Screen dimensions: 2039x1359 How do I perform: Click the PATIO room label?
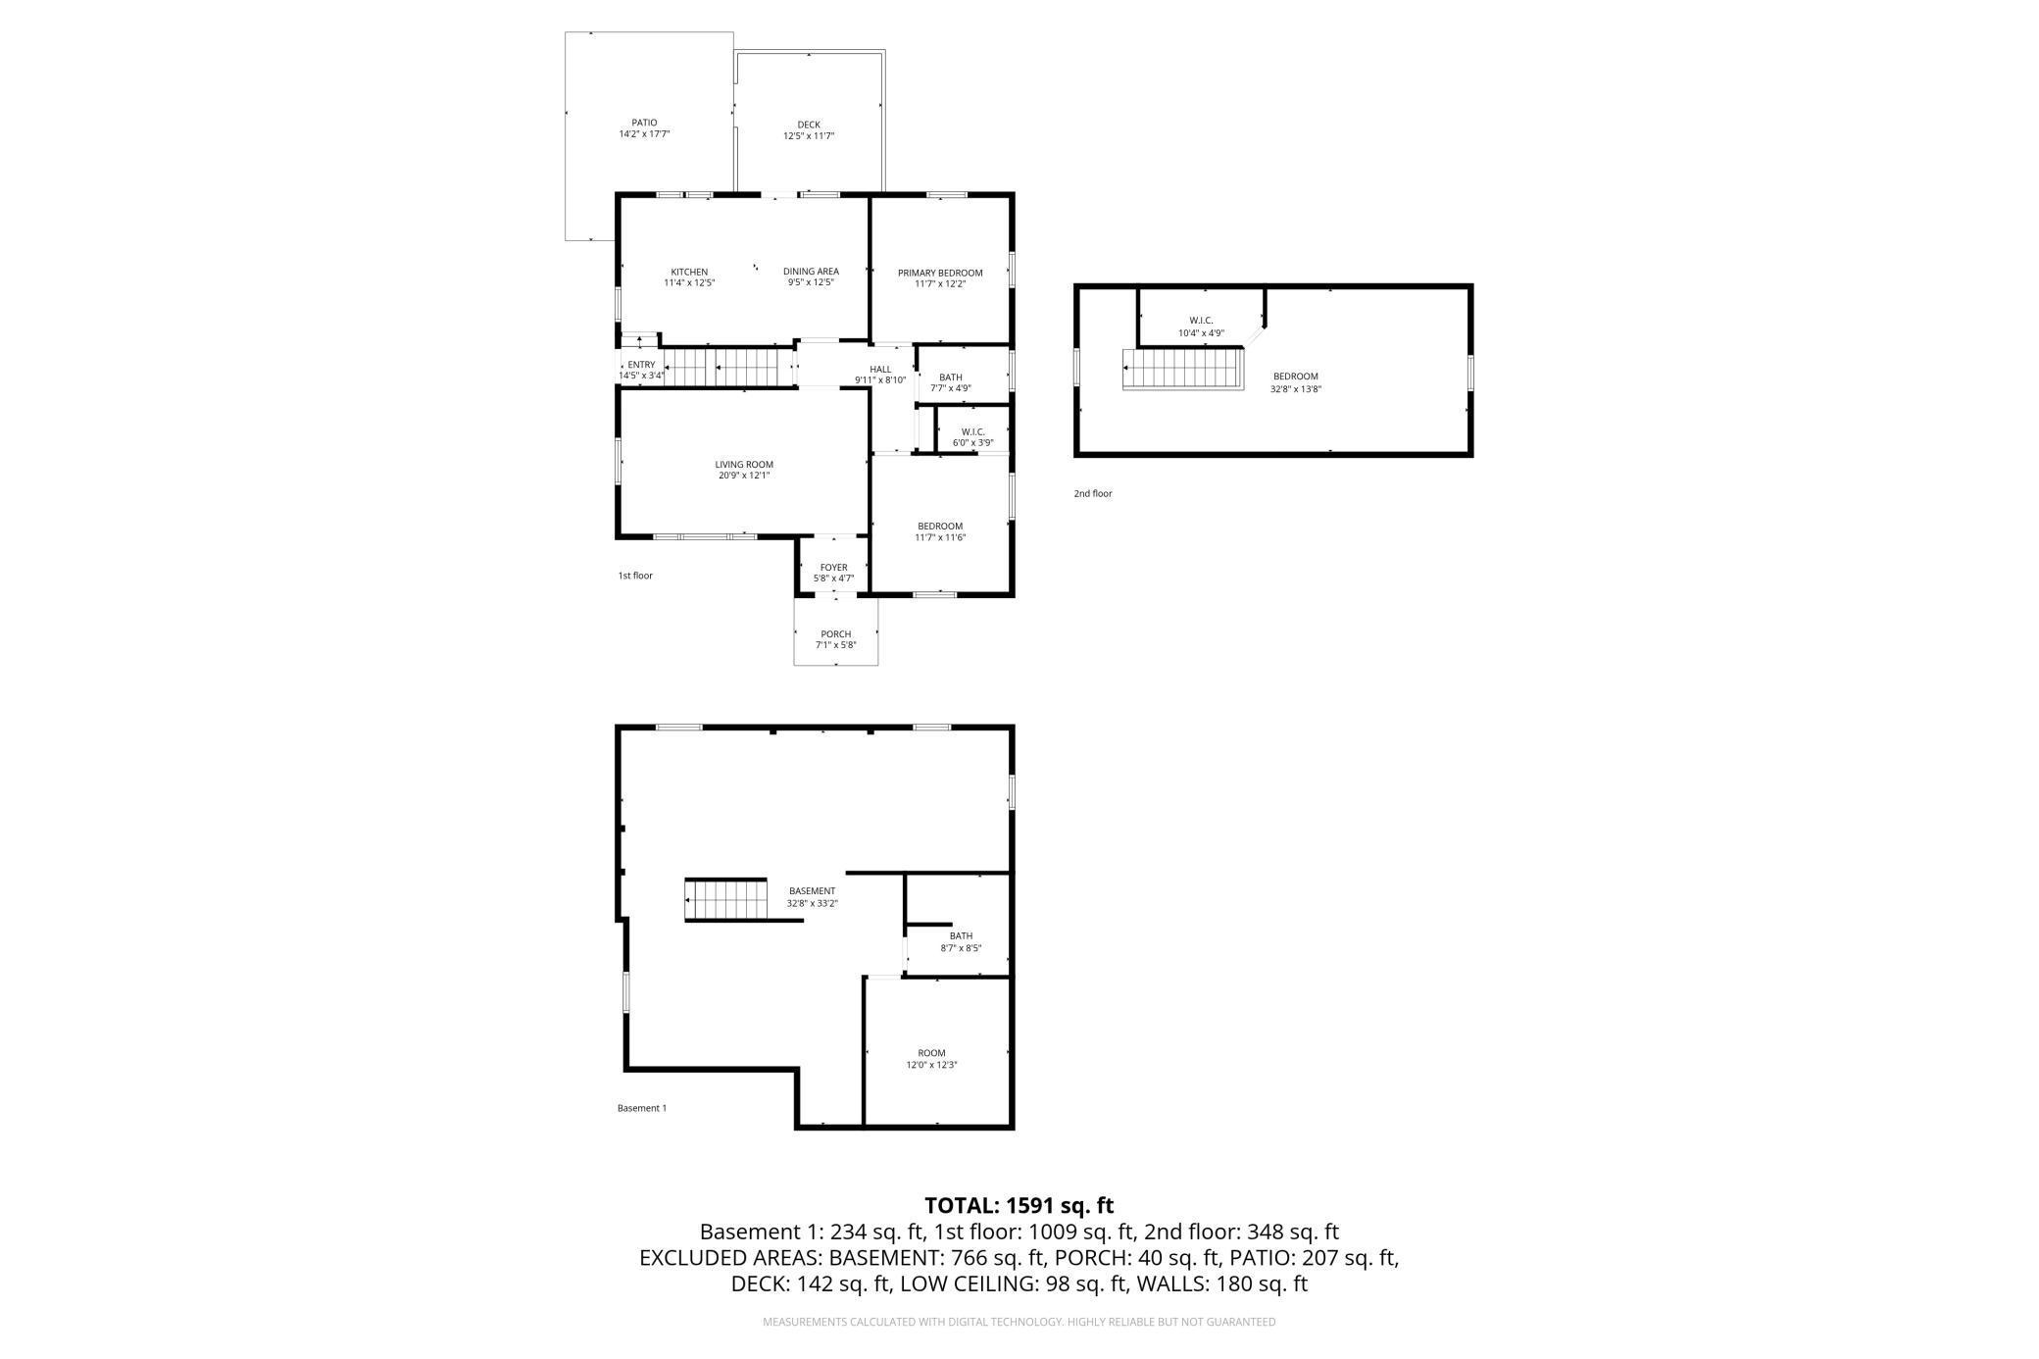[x=644, y=123]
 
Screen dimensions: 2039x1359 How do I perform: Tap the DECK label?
[x=809, y=125]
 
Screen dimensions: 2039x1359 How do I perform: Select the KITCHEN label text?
[x=689, y=272]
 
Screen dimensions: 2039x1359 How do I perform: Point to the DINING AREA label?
[x=811, y=271]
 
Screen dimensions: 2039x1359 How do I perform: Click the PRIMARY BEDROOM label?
[x=940, y=273]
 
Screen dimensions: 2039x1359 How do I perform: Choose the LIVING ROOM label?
[x=744, y=465]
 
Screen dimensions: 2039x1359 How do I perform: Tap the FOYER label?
[x=834, y=568]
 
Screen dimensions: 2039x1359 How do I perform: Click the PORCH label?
[x=836, y=634]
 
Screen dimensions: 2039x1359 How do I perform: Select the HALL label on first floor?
[x=880, y=369]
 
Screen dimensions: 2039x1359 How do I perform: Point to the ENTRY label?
[x=642, y=365]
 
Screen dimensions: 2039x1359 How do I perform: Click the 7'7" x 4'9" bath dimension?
[x=951, y=388]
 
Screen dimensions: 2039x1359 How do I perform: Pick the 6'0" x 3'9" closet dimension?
[x=973, y=443]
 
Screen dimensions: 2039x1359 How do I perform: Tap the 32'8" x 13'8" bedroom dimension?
[x=1296, y=388]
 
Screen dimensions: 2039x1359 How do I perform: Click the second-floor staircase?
[x=1183, y=369]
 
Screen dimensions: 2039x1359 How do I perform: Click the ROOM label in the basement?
[x=931, y=1053]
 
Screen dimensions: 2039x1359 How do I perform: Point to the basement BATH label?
[x=961, y=936]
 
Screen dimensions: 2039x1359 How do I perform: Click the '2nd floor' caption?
[x=1093, y=494]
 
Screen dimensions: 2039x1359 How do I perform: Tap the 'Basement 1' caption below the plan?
[x=642, y=1108]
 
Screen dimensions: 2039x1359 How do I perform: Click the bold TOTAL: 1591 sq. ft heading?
[x=1019, y=1206]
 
